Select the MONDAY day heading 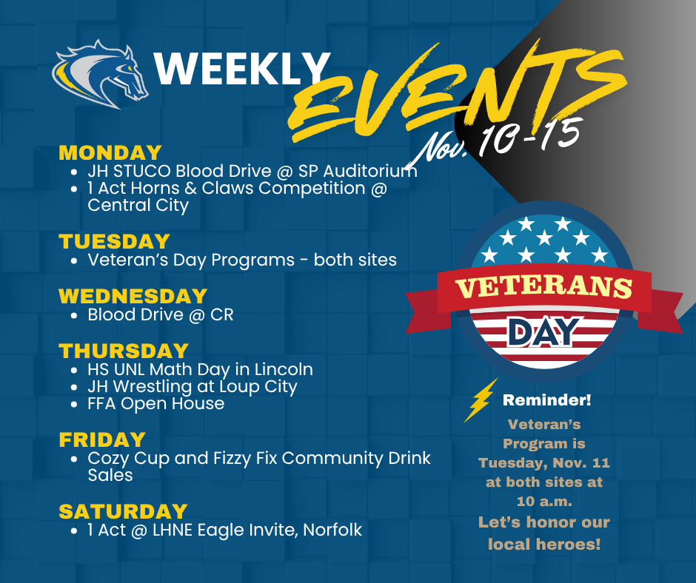click(110, 152)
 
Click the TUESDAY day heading click(115, 241)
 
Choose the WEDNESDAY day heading click(133, 296)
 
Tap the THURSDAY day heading click(124, 350)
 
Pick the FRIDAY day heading click(102, 439)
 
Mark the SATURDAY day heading click(123, 511)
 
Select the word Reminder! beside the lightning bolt click(547, 400)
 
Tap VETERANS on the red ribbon click(543, 287)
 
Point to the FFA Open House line click(155, 404)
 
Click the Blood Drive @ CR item click(160, 314)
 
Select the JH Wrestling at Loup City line click(193, 386)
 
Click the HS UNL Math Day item click(200, 368)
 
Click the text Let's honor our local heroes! click(544, 533)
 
